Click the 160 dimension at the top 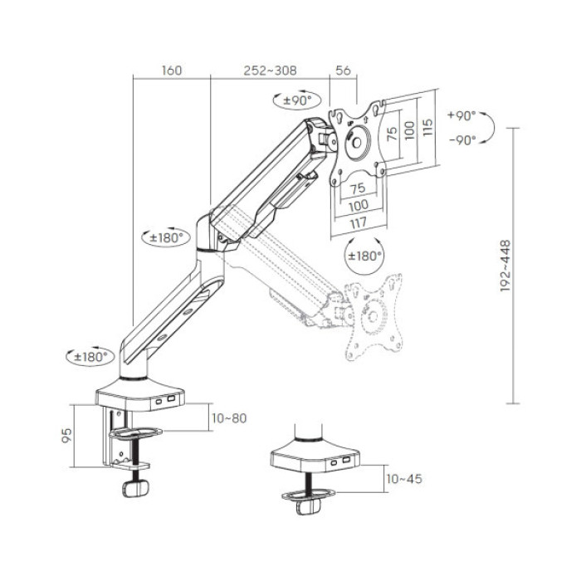tap(170, 71)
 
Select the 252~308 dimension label tap(269, 71)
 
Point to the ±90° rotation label tap(295, 100)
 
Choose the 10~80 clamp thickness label tap(229, 417)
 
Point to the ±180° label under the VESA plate tap(364, 256)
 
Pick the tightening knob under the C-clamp tap(134, 490)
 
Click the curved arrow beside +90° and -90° tap(490, 127)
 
